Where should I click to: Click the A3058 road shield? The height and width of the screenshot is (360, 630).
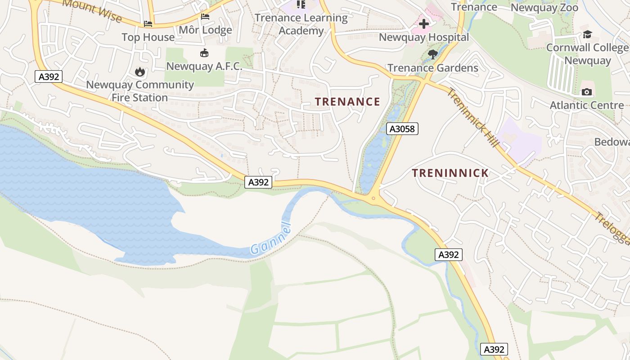[x=402, y=129]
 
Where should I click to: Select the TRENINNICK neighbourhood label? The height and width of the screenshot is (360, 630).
[x=450, y=173]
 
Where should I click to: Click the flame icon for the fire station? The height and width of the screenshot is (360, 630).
[x=139, y=72]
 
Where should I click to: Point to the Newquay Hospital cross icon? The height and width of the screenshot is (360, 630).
[x=424, y=24]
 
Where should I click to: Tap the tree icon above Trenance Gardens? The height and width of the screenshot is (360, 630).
[x=433, y=55]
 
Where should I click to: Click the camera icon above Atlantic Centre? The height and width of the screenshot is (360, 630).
[x=587, y=92]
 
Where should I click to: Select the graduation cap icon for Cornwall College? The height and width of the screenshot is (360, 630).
[x=587, y=35]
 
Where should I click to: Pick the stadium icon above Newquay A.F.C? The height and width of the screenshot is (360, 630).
[x=204, y=53]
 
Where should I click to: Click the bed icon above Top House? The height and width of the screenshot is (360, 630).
[x=148, y=24]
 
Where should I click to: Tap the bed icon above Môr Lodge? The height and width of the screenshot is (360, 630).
[x=205, y=17]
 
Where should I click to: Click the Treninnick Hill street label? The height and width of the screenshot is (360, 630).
[x=473, y=117]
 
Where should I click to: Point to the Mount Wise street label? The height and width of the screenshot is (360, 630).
[x=92, y=10]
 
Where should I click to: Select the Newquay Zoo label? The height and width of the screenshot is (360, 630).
[x=544, y=8]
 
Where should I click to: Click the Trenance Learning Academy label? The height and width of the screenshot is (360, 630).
[x=301, y=24]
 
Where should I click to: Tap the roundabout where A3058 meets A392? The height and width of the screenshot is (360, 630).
[x=373, y=198]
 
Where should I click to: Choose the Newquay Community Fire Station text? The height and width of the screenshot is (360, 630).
[x=139, y=91]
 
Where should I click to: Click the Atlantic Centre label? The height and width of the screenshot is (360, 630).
[x=587, y=105]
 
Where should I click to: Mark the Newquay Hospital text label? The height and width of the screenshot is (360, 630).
[x=424, y=37]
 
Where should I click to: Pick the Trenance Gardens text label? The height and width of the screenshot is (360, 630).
[x=432, y=68]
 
